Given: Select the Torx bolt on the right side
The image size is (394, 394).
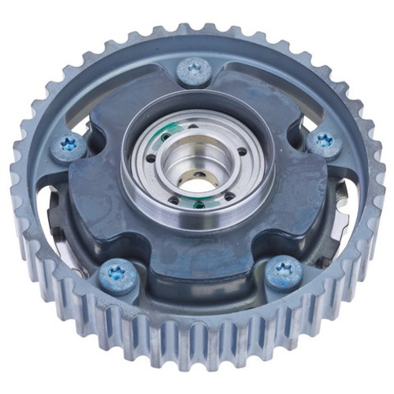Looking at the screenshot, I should pos(323,143).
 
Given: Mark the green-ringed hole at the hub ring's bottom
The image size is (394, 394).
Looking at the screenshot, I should pos(199,205).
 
